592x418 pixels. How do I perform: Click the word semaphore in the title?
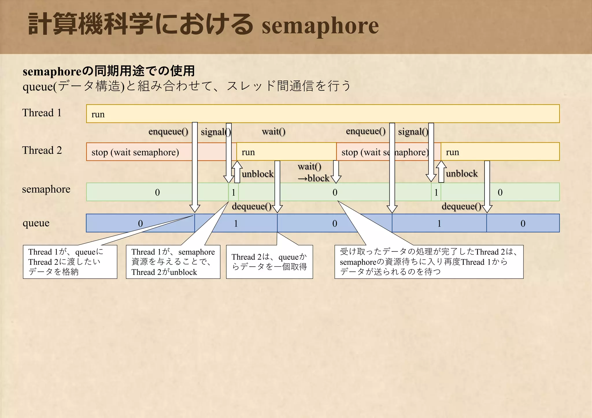coord(320,26)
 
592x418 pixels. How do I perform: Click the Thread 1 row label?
coord(42,113)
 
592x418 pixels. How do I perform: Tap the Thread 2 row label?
coord(42,150)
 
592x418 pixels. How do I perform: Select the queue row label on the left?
coord(36,223)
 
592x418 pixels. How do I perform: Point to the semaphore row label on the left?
coord(46,189)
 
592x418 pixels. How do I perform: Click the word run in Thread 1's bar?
coord(98,114)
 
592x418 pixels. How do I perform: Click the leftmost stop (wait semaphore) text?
coord(135,152)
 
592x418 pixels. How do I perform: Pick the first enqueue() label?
coord(168,132)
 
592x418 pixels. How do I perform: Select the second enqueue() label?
coord(366,131)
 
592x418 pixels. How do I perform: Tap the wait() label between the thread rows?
coord(273,132)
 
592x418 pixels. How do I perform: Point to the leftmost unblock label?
coord(257,174)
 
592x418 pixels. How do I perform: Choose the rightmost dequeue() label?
coord(461,206)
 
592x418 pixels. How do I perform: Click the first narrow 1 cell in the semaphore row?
coord(234,192)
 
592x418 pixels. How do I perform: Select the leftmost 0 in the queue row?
coord(140,223)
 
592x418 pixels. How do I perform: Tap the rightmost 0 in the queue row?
coord(523,223)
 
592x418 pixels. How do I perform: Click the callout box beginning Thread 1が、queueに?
coord(70,262)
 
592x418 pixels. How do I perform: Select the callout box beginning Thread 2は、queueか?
coord(269,262)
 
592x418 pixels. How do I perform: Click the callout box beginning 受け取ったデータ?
coord(429,262)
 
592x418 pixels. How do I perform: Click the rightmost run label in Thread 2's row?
coord(452,152)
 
